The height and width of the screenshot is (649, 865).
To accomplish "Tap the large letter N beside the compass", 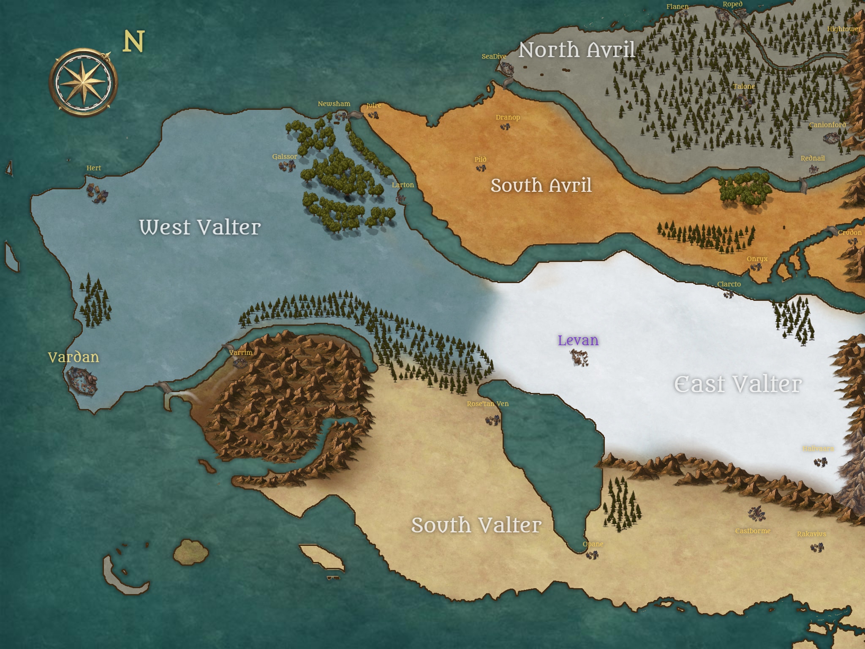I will [x=133, y=41].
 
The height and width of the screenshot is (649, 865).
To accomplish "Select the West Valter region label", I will [x=200, y=227].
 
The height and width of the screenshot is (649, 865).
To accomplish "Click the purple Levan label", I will [x=578, y=340].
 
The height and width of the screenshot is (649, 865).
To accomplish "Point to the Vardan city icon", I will [x=81, y=380].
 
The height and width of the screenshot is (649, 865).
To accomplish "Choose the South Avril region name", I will [x=541, y=185].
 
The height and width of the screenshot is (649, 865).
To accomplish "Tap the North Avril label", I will [x=577, y=50].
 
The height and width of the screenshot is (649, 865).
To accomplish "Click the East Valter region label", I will [x=737, y=384].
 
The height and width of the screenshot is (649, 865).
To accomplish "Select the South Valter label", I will [x=476, y=525].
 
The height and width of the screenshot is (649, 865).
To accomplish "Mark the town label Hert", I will [x=94, y=168].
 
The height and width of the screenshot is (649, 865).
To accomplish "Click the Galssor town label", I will [x=285, y=156].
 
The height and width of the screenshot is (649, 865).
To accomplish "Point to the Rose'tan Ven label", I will [x=487, y=404].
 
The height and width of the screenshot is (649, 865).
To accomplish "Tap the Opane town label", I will [x=593, y=544].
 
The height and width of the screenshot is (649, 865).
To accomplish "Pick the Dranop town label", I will [x=508, y=117].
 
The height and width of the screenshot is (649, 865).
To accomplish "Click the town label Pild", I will [x=480, y=159].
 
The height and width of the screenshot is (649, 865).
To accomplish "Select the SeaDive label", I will [x=494, y=56].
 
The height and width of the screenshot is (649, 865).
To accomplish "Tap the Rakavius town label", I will [x=811, y=534].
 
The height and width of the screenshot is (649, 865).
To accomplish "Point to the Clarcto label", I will [x=729, y=284].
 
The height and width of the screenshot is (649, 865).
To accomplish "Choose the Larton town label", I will [x=403, y=185].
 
